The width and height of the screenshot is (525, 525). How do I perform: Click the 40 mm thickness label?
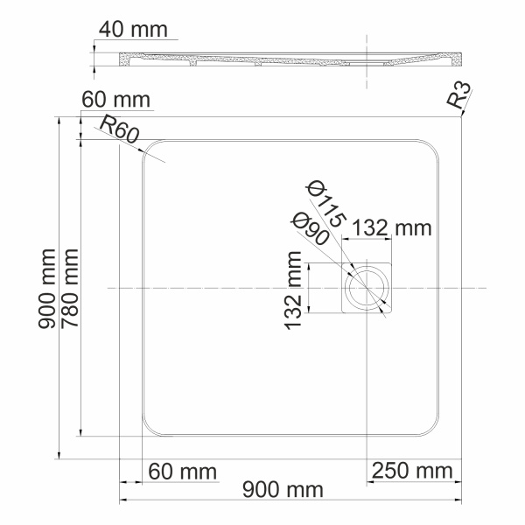coord(133,29)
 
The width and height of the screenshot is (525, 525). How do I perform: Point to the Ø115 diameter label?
coord(324,204)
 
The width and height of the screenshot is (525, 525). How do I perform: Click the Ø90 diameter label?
coord(311,229)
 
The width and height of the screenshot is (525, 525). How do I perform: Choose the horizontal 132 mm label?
coord(392,228)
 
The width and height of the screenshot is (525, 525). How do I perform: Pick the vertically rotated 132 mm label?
coord(294,288)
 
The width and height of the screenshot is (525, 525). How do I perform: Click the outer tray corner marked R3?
coord(459,119)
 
